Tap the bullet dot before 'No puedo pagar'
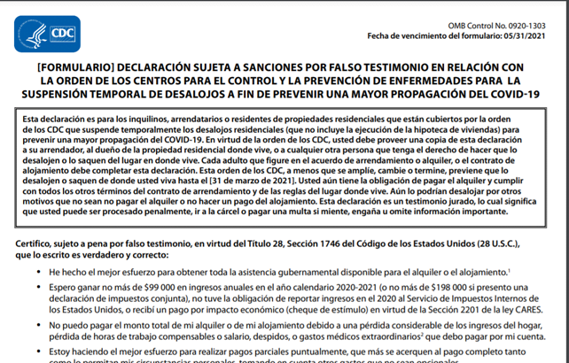41,325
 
